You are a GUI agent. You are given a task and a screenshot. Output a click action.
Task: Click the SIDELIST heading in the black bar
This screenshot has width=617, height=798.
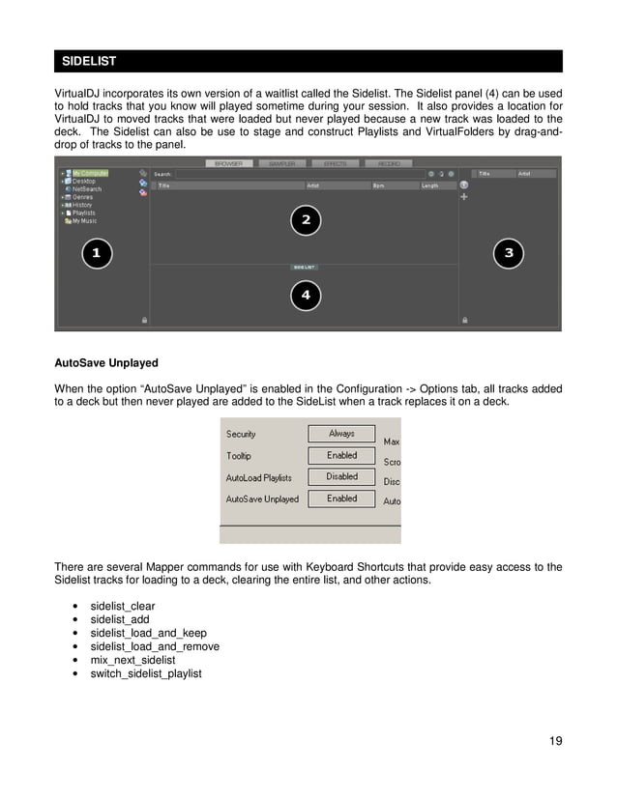point(89,61)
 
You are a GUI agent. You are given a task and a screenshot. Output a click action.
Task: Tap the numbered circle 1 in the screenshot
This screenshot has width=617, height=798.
point(96,253)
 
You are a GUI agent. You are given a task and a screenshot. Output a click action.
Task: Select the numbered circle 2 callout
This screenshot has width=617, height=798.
point(306,220)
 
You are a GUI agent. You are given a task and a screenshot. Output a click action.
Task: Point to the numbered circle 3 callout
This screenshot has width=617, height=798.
point(509,253)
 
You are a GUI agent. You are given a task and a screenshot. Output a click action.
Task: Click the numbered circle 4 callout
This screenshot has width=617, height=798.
point(306,295)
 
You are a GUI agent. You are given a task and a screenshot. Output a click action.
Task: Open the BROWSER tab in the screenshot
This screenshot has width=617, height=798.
point(228,164)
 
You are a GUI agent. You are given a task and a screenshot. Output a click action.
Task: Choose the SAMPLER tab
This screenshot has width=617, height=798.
point(282,164)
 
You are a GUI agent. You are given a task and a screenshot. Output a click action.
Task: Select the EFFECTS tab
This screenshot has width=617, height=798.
point(336,164)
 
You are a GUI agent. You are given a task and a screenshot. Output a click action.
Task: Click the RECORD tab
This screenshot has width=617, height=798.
point(389,164)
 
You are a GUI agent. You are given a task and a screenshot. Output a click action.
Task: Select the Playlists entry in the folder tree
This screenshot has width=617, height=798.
point(84,213)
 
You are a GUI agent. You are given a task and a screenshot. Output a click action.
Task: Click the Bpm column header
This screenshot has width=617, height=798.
point(378,185)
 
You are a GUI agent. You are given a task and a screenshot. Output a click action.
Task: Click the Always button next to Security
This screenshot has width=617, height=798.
point(341,435)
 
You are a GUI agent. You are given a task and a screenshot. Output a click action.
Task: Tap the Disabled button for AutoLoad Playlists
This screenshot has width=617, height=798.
point(341,477)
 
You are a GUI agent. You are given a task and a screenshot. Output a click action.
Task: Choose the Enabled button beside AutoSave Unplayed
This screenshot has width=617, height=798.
point(341,499)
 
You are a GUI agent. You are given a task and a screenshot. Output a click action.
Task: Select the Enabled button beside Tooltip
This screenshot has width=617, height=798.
point(341,456)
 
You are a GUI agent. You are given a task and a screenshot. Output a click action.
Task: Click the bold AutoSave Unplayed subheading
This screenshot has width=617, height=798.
point(106,364)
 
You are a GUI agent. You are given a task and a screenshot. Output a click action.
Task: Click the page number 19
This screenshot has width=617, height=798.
point(555,741)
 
